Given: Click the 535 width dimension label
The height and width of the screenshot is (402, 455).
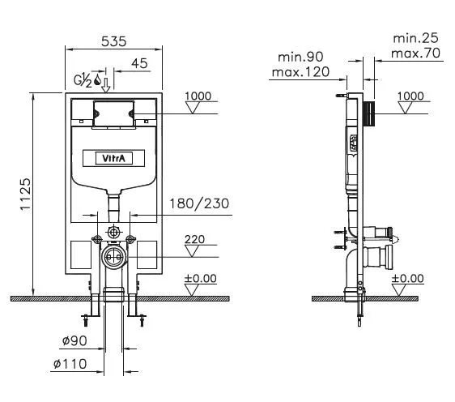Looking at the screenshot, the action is [x=113, y=41].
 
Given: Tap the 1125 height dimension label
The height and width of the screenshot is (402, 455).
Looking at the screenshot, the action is [x=25, y=194].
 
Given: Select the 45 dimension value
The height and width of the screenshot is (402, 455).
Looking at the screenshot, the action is [x=139, y=63].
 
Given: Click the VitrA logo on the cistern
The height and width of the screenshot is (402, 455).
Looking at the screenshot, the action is [x=113, y=158].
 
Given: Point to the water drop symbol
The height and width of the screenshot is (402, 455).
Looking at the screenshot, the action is [x=97, y=79].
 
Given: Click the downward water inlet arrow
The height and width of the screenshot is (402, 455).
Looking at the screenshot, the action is [x=106, y=85].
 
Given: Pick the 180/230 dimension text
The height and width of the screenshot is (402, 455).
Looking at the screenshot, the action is [x=199, y=203].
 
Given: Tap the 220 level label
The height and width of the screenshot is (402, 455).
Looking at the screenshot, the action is [x=194, y=239].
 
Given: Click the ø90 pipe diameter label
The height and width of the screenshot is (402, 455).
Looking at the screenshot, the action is [x=74, y=340].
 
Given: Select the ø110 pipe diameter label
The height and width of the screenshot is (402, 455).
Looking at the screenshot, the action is [x=70, y=364].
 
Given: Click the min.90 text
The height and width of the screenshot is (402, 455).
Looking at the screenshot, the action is [x=300, y=57].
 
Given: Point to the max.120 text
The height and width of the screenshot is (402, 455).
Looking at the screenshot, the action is [x=300, y=72].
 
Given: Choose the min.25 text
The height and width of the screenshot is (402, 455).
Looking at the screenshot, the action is [x=415, y=38].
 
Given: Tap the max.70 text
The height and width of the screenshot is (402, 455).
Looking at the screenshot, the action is [x=415, y=53].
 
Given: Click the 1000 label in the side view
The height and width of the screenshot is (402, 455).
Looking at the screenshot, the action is [x=410, y=96].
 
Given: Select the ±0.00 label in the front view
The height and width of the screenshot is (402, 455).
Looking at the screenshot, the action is [x=201, y=278].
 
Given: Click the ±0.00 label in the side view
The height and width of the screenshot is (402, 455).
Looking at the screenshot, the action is [x=408, y=278].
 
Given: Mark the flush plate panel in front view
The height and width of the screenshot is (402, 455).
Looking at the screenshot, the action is [x=113, y=114].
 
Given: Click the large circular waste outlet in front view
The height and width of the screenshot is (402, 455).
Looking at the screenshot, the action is [x=113, y=257].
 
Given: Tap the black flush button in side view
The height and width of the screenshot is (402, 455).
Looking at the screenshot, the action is [x=369, y=113].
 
